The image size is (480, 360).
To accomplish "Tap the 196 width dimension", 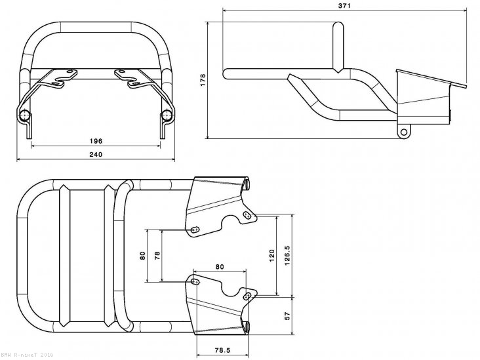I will click(x=96, y=140).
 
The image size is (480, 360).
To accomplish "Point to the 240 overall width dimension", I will click(x=96, y=155).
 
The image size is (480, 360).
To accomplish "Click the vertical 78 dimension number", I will click(x=156, y=256).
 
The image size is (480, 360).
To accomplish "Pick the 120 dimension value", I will click(x=272, y=256).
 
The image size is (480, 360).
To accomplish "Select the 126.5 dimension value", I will click(x=287, y=256).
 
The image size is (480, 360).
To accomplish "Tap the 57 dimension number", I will click(x=287, y=316).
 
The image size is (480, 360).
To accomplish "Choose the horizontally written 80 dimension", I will click(x=219, y=267).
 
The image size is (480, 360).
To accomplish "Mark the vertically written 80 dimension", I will click(x=143, y=256).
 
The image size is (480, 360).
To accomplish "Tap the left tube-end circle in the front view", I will click(x=26, y=116).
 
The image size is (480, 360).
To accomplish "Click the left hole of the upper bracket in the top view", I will click(x=194, y=229).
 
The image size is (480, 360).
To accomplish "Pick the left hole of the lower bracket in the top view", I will click(x=194, y=282).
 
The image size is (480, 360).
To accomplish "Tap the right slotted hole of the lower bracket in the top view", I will click(x=247, y=296).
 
